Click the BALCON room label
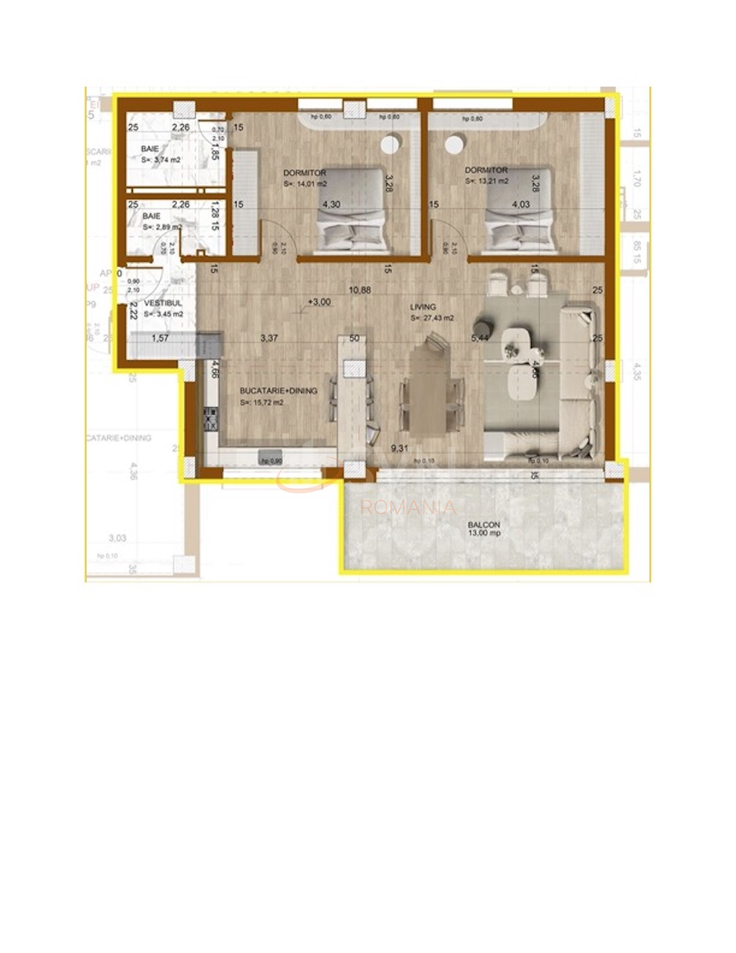[x=483, y=524]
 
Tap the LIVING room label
[x=423, y=307]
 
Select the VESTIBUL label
[x=163, y=303]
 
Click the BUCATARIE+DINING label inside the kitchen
[x=278, y=391]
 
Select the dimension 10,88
[x=360, y=290]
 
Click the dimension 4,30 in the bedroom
[x=331, y=204]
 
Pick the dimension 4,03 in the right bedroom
[x=521, y=204]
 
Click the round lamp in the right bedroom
[x=454, y=144]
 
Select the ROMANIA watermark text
[x=408, y=508]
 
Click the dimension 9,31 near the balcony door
[x=399, y=448]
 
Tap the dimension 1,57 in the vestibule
[x=160, y=338]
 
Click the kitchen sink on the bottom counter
[x=270, y=457]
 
